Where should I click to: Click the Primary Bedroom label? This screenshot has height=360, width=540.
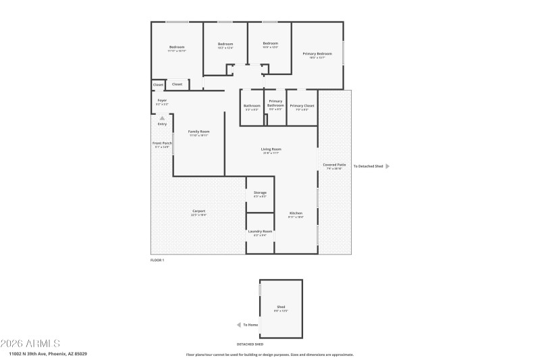pyautogui.click(x=317, y=53)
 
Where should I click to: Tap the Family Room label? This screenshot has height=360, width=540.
pyautogui.click(x=198, y=131)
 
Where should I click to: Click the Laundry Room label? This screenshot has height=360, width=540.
pyautogui.click(x=260, y=231)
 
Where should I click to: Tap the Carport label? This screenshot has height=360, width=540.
pyautogui.click(x=198, y=211)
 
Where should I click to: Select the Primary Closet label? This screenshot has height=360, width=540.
pyautogui.click(x=302, y=106)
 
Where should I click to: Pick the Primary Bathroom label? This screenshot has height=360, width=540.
pyautogui.click(x=275, y=103)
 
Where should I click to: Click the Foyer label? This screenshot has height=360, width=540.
pyautogui.click(x=162, y=101)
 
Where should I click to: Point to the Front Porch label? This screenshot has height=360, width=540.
pyautogui.click(x=162, y=143)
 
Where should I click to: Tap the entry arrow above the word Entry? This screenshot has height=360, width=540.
pyautogui.click(x=162, y=118)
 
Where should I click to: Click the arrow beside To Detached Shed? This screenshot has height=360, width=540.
pyautogui.click(x=387, y=165)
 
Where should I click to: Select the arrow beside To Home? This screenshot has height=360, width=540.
pyautogui.click(x=238, y=324)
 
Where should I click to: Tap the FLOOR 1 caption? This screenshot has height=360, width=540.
pyautogui.click(x=157, y=260)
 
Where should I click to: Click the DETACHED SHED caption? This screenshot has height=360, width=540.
pyautogui.click(x=250, y=344)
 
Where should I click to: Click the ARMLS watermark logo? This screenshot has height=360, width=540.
pyautogui.click(x=31, y=343)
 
